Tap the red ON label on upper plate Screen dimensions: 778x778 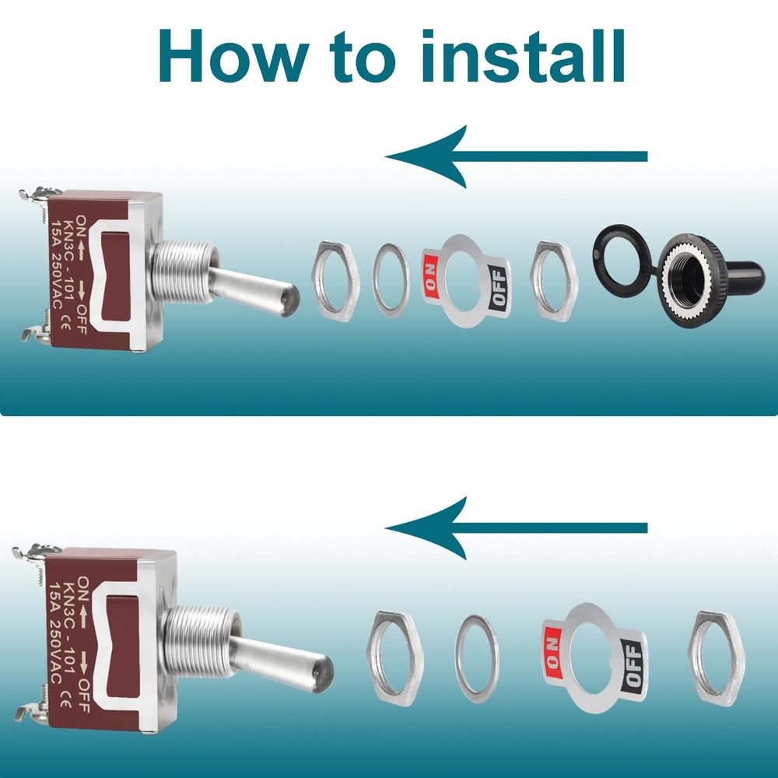pos(431,277)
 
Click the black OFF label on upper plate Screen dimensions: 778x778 pos(498,289)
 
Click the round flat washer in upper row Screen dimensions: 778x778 pos(391,280)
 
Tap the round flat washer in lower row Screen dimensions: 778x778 pos(477,658)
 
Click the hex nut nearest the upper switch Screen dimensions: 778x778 pos(335,281)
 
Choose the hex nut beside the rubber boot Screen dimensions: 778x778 pos(554,282)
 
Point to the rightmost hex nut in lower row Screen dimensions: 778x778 pos(716,658)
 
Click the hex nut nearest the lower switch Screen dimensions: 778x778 pos(395,658)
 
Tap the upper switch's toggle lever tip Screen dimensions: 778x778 pos(292,300)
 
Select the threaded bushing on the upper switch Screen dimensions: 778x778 pos(184,272)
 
